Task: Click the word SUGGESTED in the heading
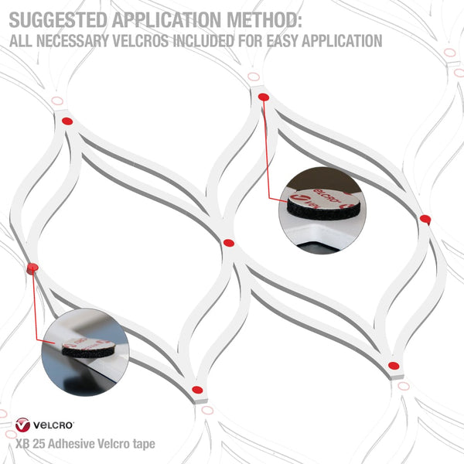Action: click(x=58, y=20)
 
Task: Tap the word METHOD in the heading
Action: click(x=264, y=20)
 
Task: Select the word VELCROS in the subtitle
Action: click(x=140, y=41)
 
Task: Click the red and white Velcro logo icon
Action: click(x=22, y=425)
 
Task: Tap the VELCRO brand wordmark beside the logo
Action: click(x=53, y=425)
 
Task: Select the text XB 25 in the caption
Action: click(x=30, y=444)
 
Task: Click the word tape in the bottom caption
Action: click(x=144, y=445)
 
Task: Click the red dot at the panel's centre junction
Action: click(x=228, y=244)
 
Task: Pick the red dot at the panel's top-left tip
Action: click(x=67, y=121)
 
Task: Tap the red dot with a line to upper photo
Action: click(x=264, y=97)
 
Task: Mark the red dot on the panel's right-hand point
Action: click(x=425, y=219)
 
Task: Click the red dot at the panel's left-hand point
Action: click(x=32, y=268)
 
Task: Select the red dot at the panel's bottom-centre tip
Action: click(x=197, y=390)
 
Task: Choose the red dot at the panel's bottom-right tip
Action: click(x=394, y=366)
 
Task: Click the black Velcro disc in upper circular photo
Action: click(x=323, y=210)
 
